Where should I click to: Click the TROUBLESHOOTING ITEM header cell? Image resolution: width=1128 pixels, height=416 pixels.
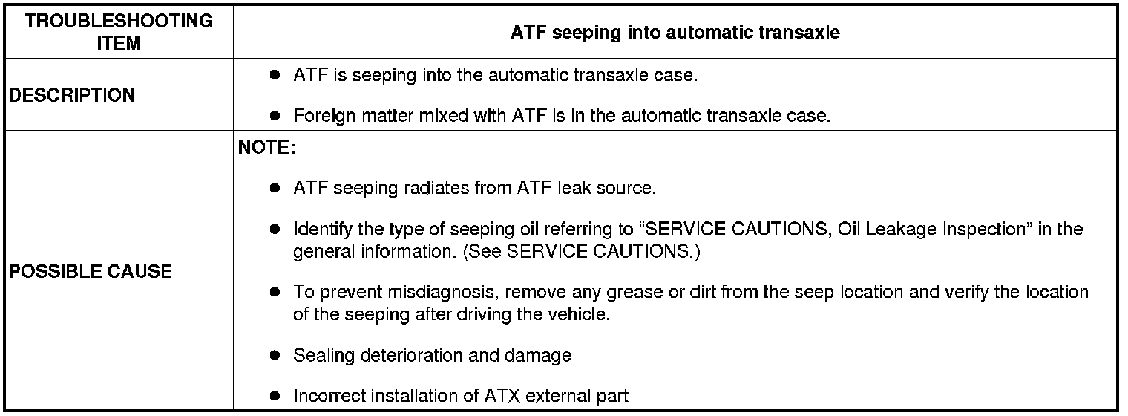tap(119, 32)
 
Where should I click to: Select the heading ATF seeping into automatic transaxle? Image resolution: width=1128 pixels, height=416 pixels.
tap(675, 33)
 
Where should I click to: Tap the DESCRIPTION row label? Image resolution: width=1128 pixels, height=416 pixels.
tap(72, 96)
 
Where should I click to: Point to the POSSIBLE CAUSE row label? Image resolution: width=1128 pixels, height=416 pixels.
tap(90, 271)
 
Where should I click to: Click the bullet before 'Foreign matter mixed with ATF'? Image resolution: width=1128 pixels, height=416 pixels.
tap(275, 116)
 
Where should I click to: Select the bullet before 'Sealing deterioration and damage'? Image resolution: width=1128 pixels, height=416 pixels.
tap(275, 356)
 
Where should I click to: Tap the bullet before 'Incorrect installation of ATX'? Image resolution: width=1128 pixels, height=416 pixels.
tap(275, 396)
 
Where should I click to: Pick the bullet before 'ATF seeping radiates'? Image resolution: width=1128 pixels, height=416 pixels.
tap(275, 189)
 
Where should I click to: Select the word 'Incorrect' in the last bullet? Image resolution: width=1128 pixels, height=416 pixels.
tap(327, 396)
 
